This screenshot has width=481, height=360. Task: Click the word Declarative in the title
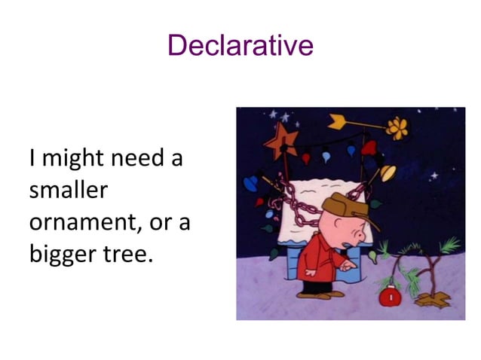[240, 45]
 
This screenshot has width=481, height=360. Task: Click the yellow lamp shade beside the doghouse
[389, 174]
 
